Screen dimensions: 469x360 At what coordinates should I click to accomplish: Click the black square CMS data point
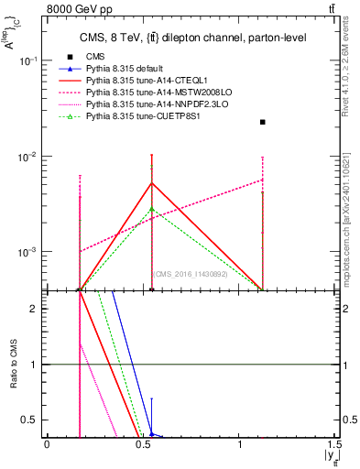click(263, 122)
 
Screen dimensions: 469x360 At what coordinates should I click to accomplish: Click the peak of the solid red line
click(151, 182)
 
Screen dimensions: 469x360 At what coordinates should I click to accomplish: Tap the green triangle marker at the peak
click(151, 209)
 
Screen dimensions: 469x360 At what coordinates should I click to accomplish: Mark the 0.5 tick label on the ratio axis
click(33, 420)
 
